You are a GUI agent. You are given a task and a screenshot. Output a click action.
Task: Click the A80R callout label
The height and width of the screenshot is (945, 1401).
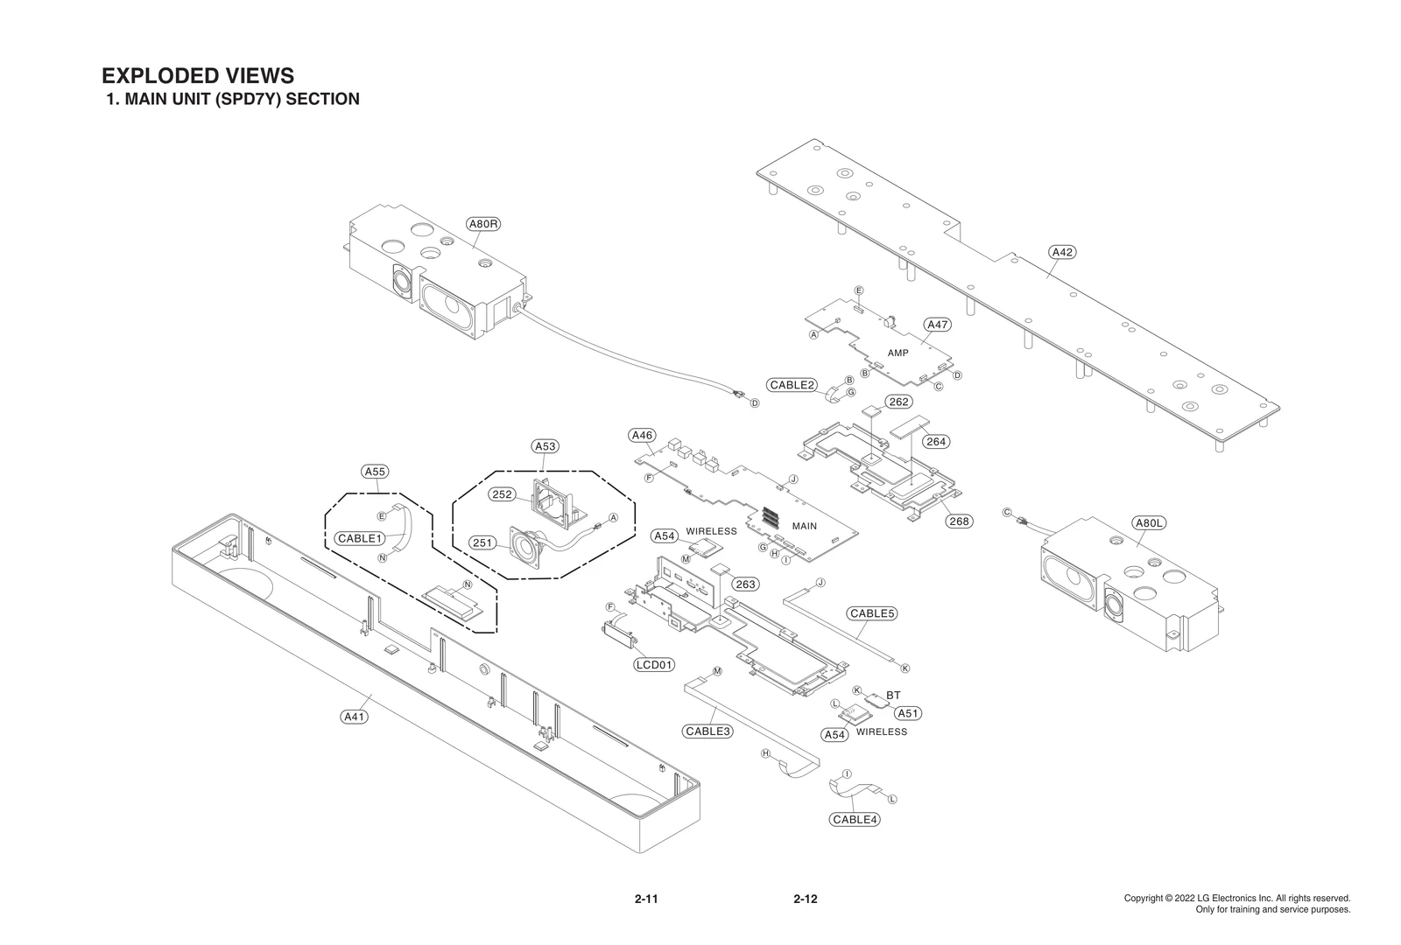point(483,224)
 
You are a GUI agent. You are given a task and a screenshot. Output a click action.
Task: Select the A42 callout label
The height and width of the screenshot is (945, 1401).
point(1061,252)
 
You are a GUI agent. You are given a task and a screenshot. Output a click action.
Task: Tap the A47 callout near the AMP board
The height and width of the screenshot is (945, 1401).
point(937,325)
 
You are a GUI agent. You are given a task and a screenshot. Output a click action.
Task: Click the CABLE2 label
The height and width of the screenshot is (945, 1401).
point(792,385)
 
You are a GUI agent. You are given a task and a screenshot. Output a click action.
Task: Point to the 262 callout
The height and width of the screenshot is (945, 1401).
point(898,402)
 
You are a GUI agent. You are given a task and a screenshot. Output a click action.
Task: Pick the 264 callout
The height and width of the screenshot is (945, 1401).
point(936,442)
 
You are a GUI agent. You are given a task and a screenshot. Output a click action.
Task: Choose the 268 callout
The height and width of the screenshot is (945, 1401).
point(960,521)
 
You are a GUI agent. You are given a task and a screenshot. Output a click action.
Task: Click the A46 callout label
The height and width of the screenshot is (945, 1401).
point(642,435)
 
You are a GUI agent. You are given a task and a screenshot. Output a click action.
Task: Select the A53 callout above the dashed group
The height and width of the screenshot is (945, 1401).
point(545,446)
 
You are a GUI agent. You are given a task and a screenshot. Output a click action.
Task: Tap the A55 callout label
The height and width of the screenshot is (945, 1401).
point(375,472)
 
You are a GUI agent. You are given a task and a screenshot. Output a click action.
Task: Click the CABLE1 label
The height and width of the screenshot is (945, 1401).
point(360,538)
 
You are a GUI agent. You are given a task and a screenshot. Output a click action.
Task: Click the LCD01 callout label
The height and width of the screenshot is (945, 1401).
point(654,665)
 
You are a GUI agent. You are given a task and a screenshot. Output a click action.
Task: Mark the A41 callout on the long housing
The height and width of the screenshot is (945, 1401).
point(354,717)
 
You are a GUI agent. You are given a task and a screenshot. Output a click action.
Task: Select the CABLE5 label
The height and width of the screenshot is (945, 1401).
point(871,613)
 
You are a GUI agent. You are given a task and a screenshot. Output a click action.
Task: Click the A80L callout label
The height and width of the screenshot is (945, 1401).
point(1148,523)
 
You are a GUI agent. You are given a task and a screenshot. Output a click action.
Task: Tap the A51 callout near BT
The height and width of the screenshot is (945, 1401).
point(908,713)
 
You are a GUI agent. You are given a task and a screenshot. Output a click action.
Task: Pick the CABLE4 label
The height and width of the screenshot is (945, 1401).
point(855,820)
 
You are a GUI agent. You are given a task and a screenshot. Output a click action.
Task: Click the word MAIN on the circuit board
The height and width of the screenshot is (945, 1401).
point(804,527)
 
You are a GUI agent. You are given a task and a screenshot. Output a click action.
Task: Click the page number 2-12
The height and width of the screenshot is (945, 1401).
point(805,899)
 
